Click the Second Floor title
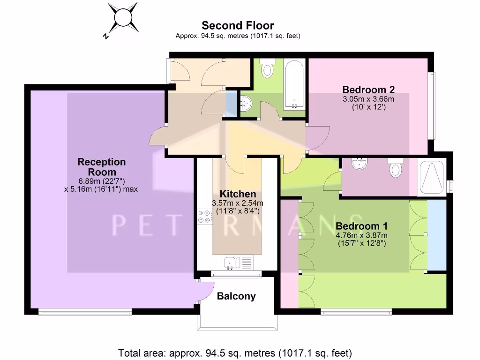click(238, 25)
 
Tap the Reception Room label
click(102, 167)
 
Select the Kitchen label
click(238, 194)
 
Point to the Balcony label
click(236, 296)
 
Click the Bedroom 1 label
click(361, 225)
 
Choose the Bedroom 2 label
click(368, 90)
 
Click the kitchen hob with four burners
click(204, 216)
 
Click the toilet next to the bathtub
click(267, 68)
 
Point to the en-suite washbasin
click(360, 164)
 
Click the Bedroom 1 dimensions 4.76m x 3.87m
click(361, 239)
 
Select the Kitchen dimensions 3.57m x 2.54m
click(238, 207)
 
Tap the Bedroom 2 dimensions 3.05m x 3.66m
click(368, 103)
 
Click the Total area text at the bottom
click(235, 353)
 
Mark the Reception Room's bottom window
click(85, 312)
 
